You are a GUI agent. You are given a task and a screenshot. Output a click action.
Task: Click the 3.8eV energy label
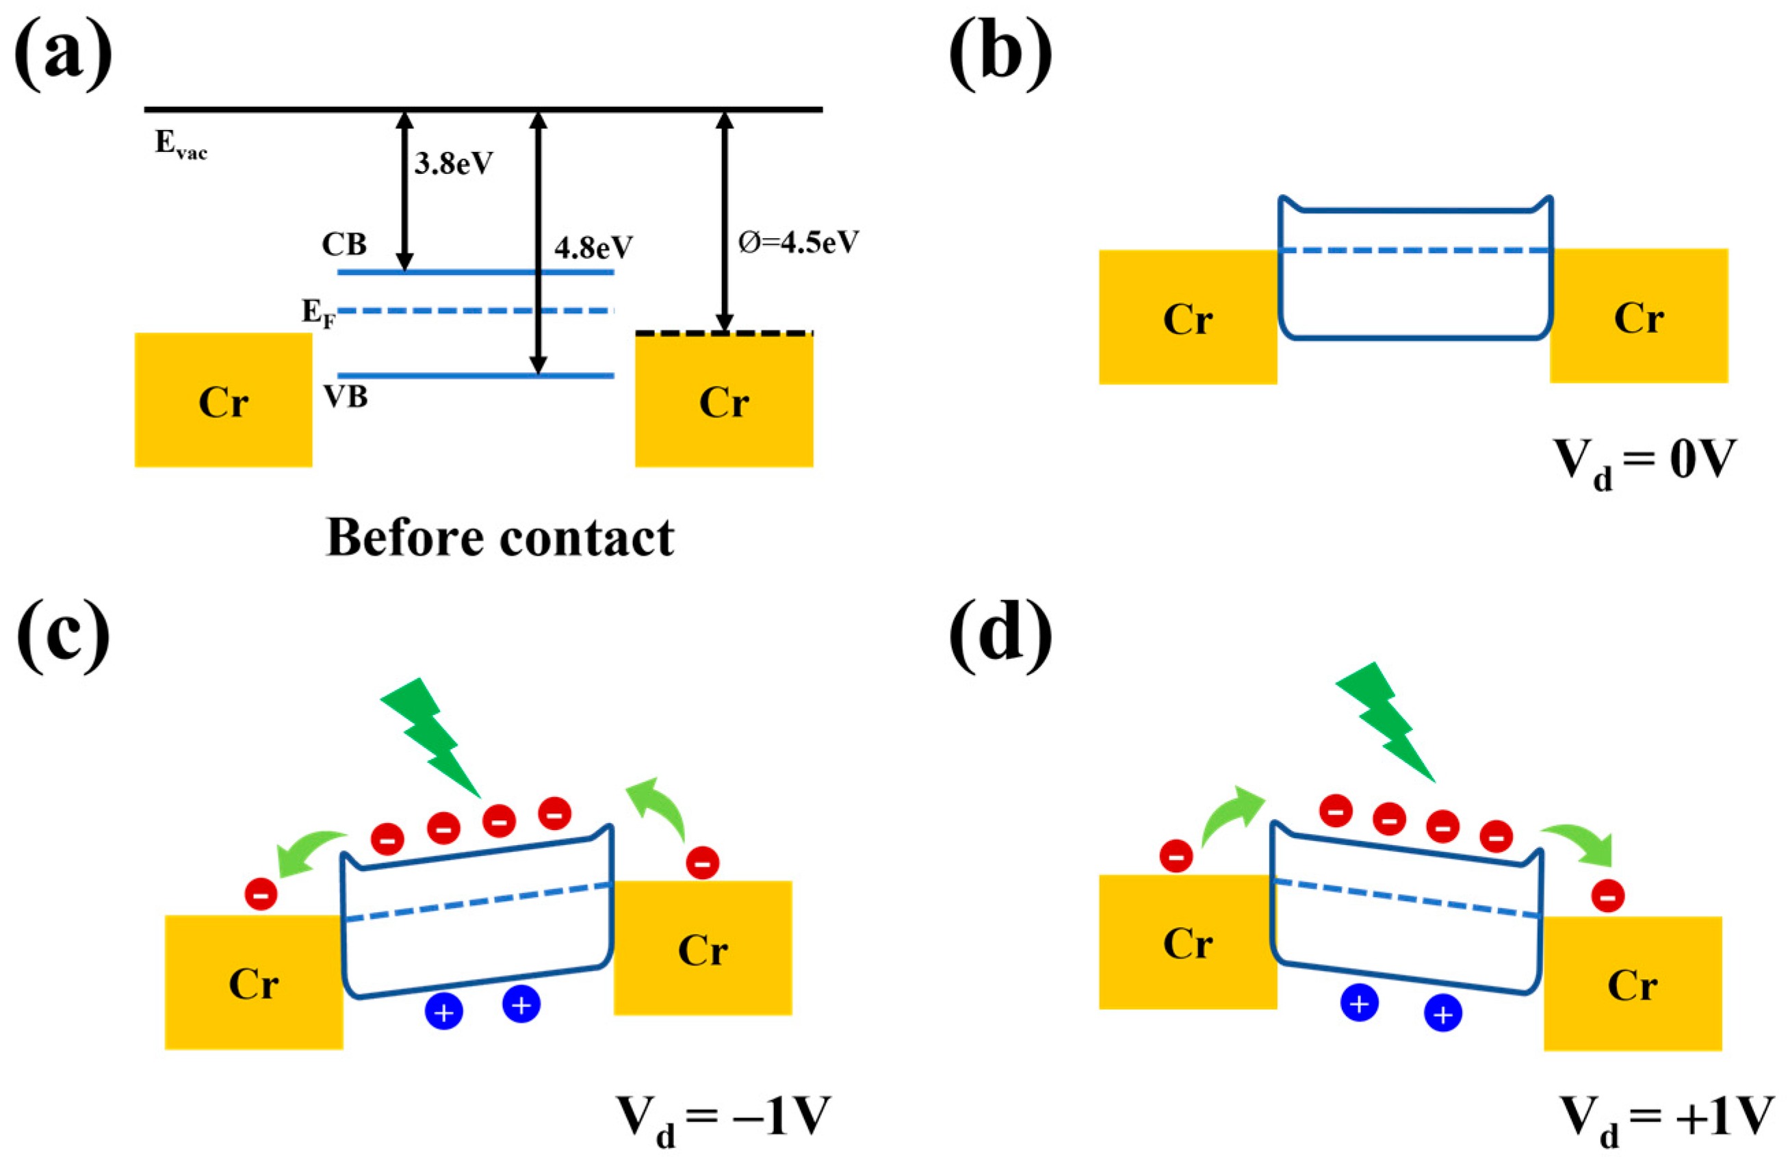[x=453, y=163]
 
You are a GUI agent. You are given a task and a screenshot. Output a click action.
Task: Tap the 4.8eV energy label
[x=593, y=247]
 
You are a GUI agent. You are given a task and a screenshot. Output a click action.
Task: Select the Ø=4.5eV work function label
[x=798, y=242]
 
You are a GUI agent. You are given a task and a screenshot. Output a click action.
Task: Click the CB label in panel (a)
[x=344, y=244]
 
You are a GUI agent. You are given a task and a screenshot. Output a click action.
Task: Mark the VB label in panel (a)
[x=346, y=397]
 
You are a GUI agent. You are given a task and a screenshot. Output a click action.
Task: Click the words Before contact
[x=500, y=538]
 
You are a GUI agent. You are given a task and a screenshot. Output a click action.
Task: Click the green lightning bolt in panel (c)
[x=432, y=737]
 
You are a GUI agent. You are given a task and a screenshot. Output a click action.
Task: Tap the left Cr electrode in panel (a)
[x=223, y=400]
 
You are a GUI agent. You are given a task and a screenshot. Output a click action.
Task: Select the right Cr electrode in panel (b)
[x=1639, y=316]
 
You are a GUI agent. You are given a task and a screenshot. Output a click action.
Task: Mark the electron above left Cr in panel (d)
[x=1176, y=856]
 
